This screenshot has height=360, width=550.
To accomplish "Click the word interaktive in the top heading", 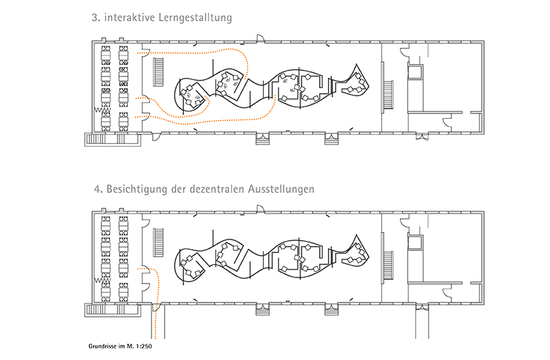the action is pos(129,18).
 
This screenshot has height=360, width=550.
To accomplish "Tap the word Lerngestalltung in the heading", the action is pos(195,18).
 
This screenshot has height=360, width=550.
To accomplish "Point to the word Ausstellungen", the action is pos(281,189).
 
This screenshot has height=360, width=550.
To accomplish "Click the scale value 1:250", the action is pos(145,346).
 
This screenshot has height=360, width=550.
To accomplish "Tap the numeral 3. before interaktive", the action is pos(96,18).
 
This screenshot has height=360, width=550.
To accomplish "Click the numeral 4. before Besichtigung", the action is pos(98,189).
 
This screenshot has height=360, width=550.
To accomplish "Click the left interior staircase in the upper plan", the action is pos(159,72).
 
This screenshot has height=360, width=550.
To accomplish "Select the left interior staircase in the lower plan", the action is pos(159,242).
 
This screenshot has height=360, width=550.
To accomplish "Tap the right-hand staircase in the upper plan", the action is pos(388,95).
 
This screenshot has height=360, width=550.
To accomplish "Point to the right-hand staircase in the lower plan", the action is pos(388,266).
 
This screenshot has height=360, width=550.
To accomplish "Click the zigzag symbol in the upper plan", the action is pos(103,110).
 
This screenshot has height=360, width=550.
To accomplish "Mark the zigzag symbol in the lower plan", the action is pos(103,281).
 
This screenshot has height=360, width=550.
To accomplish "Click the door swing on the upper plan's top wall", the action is pos(260,39).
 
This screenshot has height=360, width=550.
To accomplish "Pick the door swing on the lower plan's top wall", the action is pos(260,209).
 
